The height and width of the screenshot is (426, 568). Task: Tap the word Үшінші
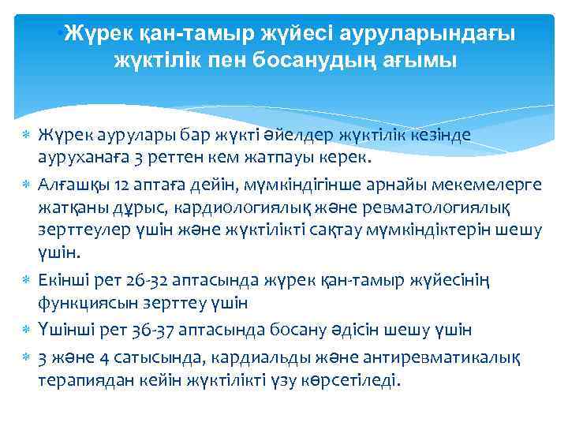pyautogui.click(x=64, y=327)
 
